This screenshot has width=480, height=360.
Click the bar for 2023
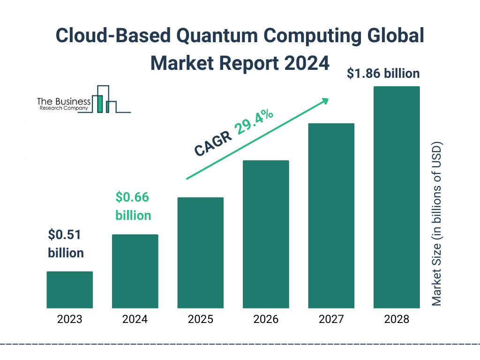point(70,290)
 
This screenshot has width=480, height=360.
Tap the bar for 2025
point(201,253)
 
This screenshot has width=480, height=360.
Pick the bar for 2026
point(266,234)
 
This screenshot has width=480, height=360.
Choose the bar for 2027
point(331,216)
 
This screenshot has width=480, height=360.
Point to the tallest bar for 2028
point(397,197)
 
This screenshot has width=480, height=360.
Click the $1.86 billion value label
point(383,74)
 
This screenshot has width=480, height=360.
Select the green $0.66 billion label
point(133,206)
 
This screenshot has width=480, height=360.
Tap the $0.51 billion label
point(66,244)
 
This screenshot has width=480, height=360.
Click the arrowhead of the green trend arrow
point(325,100)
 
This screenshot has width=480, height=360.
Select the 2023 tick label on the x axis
point(70,320)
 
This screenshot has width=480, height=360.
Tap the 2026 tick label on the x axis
point(266,320)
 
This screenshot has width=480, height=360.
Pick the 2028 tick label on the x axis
point(397,320)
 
